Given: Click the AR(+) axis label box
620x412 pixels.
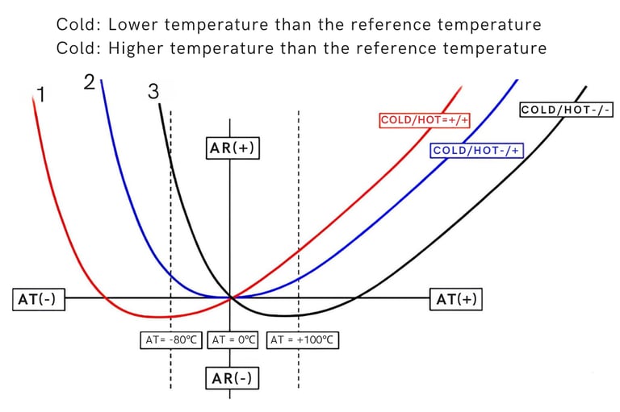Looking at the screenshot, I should click(x=232, y=150).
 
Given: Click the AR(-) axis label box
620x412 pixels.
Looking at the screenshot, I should click(x=232, y=377).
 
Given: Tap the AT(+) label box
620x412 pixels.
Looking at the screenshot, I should click(x=456, y=299).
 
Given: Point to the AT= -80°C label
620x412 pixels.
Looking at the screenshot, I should click(x=171, y=340).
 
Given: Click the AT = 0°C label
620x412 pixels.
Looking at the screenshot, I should click(x=233, y=340).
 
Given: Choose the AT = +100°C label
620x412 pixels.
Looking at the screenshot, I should click(x=302, y=340).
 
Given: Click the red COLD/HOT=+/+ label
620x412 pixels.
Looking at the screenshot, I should click(x=425, y=121).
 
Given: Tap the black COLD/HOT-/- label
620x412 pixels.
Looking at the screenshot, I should click(x=567, y=109).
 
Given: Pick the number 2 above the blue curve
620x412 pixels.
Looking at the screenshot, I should click(x=90, y=81).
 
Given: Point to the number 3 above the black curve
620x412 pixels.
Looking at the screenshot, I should click(x=153, y=91).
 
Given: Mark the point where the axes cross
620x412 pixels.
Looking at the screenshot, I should click(x=231, y=298).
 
